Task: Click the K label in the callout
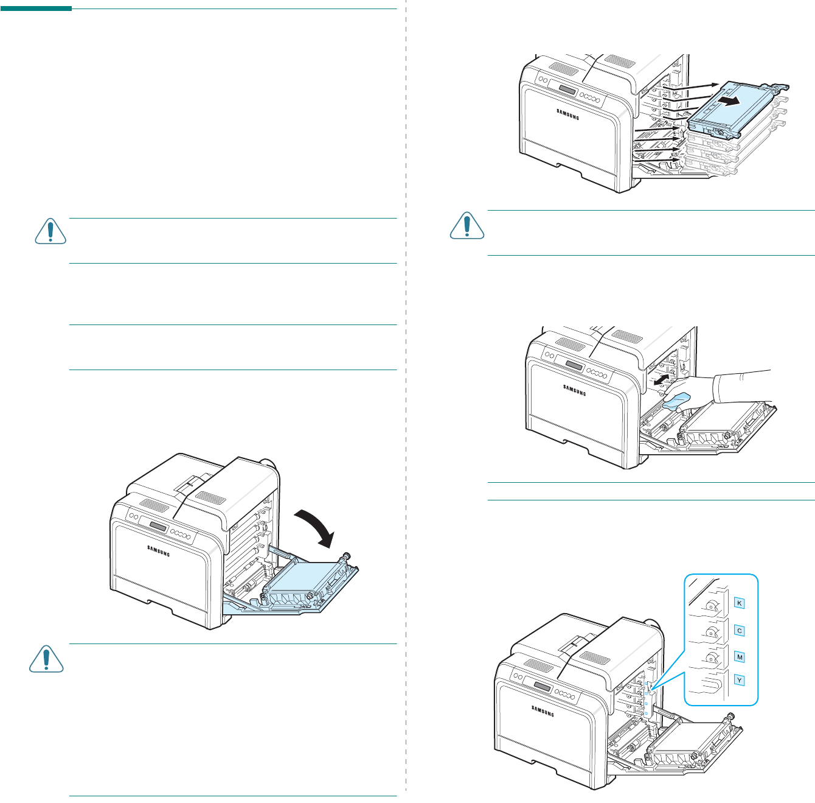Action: click(x=740, y=603)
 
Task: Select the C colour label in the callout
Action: click(x=740, y=631)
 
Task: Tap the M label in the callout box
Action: click(x=740, y=657)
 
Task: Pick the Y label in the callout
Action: click(x=740, y=680)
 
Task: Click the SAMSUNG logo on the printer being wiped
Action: click(x=574, y=390)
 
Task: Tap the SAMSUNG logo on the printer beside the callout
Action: click(x=543, y=711)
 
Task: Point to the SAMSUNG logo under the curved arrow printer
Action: click(x=158, y=550)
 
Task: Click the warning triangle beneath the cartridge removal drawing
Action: click(x=466, y=226)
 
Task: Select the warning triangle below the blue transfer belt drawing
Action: click(x=46, y=658)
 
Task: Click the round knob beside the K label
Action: click(x=712, y=606)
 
